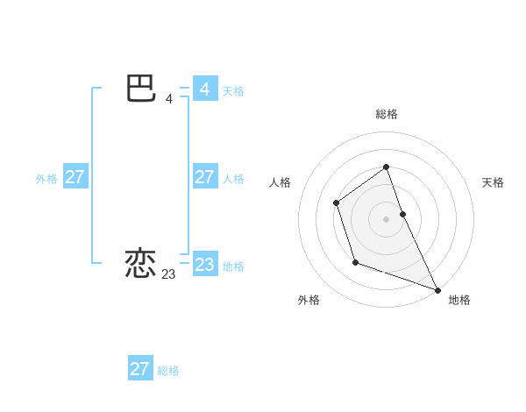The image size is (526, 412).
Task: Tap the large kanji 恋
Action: click(141, 264)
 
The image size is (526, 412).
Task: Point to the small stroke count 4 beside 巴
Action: click(168, 99)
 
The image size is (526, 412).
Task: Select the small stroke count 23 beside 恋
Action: click(168, 274)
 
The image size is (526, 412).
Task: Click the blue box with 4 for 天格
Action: click(204, 89)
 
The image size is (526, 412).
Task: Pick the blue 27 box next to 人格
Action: click(204, 177)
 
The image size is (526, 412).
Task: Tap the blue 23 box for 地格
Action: click(204, 265)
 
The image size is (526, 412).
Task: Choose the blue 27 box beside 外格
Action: click(75, 177)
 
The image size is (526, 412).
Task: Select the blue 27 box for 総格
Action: click(139, 369)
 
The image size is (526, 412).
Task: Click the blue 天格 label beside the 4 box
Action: click(233, 91)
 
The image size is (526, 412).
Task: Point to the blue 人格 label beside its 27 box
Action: click(233, 179)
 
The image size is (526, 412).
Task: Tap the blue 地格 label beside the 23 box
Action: click(233, 266)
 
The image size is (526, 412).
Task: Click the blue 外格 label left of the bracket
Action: click(46, 179)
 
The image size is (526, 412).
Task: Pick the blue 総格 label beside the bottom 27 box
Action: click(168, 371)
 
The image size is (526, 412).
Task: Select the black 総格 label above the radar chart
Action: click(386, 114)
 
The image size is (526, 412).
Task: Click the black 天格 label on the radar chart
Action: click(493, 182)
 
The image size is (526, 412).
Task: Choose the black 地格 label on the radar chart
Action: click(459, 300)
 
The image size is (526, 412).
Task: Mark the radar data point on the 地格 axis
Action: click(437, 289)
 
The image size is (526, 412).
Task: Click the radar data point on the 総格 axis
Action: click(386, 167)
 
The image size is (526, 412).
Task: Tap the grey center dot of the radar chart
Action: click(386, 219)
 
